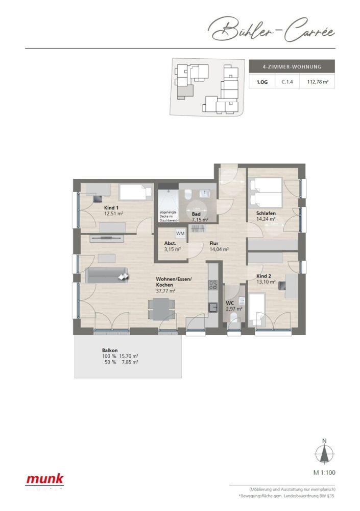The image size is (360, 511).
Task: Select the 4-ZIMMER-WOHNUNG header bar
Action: click(x=292, y=66)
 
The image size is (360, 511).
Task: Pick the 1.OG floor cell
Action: click(x=261, y=81)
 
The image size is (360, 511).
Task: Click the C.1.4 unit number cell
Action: click(x=288, y=81)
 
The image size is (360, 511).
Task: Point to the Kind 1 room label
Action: click(x=112, y=207)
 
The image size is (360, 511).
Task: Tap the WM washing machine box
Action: click(x=180, y=233)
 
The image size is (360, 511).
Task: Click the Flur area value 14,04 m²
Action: click(x=219, y=249)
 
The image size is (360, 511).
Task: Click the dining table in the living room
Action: click(x=160, y=309)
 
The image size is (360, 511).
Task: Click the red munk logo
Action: click(x=45, y=479)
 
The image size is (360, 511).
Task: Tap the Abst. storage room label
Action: click(x=170, y=243)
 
